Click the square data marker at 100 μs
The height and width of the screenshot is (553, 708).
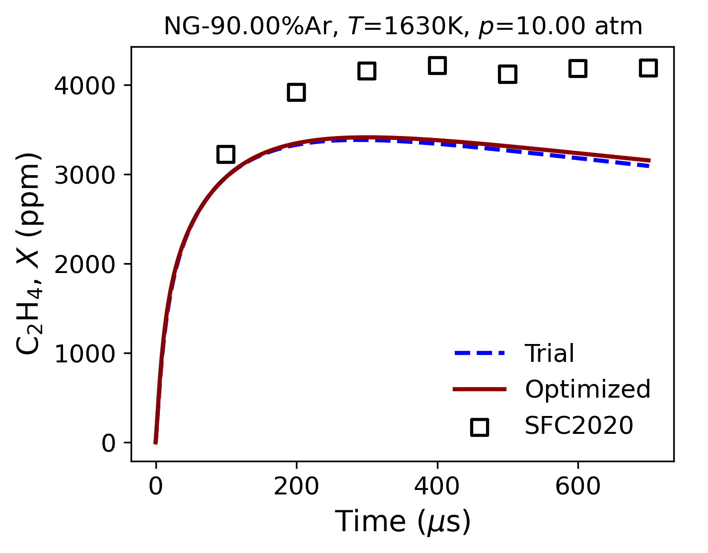(x=226, y=154)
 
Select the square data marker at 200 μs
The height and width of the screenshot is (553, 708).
(x=296, y=92)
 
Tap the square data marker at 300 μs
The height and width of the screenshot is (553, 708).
(x=366, y=71)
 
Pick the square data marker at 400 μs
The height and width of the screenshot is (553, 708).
(x=437, y=66)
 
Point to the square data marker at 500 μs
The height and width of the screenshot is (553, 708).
(x=507, y=74)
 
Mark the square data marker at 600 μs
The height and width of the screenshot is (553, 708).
(x=578, y=68)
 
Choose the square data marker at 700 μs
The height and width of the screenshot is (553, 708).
(x=648, y=68)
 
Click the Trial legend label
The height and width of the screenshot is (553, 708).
(x=550, y=354)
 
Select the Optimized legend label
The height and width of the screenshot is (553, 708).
(x=587, y=390)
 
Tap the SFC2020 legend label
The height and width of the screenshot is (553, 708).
(x=579, y=426)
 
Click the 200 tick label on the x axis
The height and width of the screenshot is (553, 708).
(x=296, y=487)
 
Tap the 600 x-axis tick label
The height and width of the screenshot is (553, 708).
(x=578, y=487)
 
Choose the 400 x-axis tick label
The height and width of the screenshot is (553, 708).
(x=437, y=487)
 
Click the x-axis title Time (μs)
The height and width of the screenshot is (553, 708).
(x=403, y=522)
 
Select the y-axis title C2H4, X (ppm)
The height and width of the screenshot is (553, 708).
(x=29, y=254)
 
